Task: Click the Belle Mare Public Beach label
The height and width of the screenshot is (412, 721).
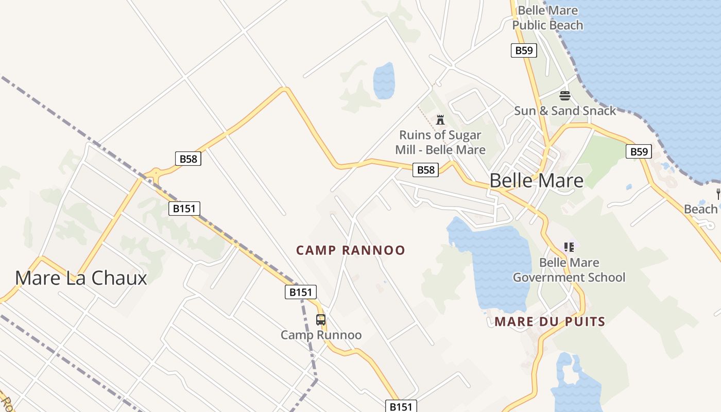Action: click(x=547, y=18)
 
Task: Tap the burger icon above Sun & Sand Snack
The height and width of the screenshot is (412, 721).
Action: click(x=565, y=95)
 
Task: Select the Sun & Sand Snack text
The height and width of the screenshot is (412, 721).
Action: click(x=565, y=111)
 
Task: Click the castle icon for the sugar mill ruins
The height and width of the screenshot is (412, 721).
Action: click(x=440, y=120)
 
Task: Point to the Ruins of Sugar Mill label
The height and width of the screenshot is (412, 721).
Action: click(x=440, y=143)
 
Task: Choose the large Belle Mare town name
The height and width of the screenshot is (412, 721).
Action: click(x=536, y=181)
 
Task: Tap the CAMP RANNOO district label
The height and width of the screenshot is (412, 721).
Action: click(x=351, y=250)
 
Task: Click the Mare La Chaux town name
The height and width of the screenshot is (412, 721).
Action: click(x=81, y=278)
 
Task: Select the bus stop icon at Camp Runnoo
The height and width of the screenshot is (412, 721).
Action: click(x=321, y=319)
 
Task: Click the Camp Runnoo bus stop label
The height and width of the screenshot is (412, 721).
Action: click(x=321, y=335)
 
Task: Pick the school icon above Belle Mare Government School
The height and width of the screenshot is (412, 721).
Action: click(x=569, y=247)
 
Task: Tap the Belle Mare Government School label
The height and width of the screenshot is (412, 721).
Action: click(x=569, y=270)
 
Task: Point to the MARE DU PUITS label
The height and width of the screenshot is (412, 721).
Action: click(x=550, y=322)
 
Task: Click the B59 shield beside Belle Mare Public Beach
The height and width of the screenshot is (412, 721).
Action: click(x=524, y=50)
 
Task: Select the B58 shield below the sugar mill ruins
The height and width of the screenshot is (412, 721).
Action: click(x=425, y=170)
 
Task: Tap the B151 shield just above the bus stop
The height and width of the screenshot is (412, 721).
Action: click(x=300, y=292)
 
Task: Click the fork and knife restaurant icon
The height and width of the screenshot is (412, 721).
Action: click(x=718, y=194)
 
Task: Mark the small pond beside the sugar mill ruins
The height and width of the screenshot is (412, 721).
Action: click(x=384, y=80)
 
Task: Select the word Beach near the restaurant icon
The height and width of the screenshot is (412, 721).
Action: click(x=700, y=209)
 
